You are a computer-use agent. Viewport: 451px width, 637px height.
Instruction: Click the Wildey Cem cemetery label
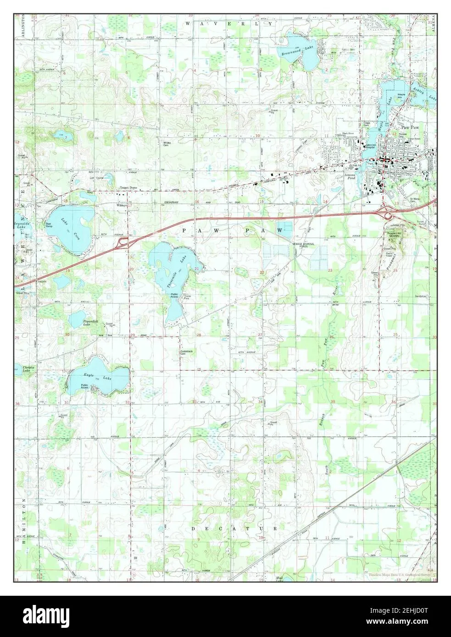point(167,144)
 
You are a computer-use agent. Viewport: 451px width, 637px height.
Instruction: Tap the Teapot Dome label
point(128,188)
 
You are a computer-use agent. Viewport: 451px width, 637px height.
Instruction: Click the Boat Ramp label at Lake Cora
point(48,225)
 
